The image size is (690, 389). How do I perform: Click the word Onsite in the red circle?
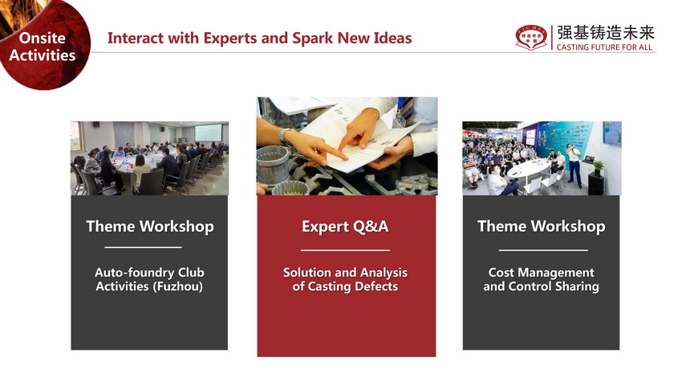coord(43,38)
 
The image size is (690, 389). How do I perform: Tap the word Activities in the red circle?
coord(43,55)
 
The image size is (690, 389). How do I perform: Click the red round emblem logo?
coord(532,38)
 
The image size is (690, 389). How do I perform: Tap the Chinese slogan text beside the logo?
coord(606,33)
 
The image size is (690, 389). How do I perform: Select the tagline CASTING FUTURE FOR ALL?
coord(604,47)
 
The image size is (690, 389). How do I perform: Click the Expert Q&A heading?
coord(345,227)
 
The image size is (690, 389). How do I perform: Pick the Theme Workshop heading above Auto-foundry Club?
coord(149,227)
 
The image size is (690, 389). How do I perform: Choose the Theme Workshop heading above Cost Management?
coord(542,227)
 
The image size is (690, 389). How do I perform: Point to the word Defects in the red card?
coord(376,287)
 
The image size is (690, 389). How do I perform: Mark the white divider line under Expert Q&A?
coord(345,250)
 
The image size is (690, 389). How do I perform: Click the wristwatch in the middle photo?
coord(285,137)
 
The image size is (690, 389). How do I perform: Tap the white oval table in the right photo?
coord(529,169)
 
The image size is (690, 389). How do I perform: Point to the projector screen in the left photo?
coord(209,133)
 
